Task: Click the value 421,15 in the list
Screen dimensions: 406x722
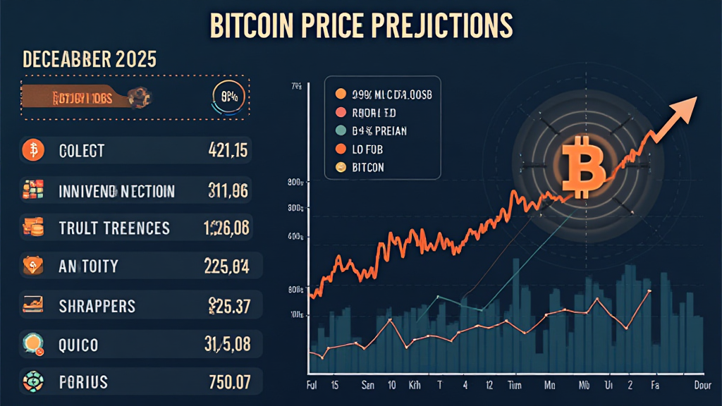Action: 228,150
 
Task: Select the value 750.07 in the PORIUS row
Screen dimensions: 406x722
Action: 229,383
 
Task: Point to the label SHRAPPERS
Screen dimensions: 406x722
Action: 97,307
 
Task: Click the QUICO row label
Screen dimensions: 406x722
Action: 79,345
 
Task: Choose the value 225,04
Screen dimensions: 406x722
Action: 226,266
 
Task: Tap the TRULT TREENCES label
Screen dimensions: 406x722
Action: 114,228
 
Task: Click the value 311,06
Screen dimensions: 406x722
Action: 228,190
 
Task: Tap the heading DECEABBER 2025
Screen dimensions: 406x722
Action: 90,59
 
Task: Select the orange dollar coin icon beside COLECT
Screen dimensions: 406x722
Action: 32,150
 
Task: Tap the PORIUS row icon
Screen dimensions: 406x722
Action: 32,383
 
